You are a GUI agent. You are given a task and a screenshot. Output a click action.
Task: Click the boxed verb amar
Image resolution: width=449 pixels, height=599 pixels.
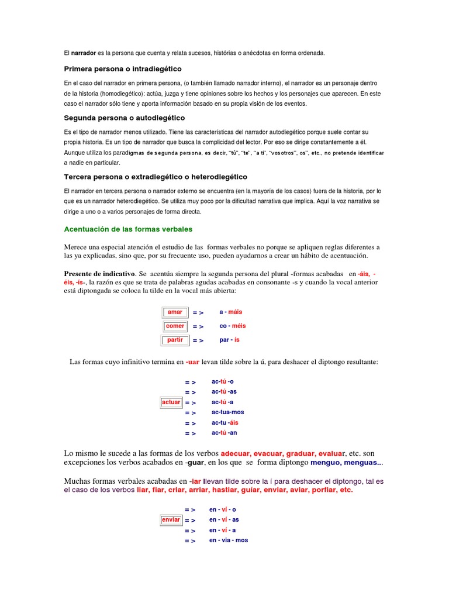pyautogui.click(x=175, y=312)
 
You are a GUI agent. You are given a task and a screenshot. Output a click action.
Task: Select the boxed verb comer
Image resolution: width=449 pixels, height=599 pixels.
pyautogui.click(x=175, y=326)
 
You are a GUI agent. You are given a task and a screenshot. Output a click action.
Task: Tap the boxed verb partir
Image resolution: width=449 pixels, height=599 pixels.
pyautogui.click(x=175, y=340)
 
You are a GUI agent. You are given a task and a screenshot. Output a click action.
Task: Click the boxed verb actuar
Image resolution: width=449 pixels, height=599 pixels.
pyautogui.click(x=171, y=402)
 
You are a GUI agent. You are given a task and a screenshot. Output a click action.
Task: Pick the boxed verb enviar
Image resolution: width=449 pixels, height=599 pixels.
pyautogui.click(x=171, y=520)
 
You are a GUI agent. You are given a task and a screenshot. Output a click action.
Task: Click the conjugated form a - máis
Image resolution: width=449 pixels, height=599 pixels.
pyautogui.click(x=230, y=312)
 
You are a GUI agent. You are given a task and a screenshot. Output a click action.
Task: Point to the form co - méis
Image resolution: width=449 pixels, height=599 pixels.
pyautogui.click(x=233, y=326)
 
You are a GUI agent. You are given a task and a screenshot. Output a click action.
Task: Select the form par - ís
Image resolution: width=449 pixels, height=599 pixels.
pyautogui.click(x=229, y=340)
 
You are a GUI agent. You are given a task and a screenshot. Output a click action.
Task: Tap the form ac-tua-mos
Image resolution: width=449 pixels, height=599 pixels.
pyautogui.click(x=228, y=412)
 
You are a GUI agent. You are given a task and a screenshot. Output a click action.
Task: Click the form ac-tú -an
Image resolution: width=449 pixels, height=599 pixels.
pyautogui.click(x=224, y=433)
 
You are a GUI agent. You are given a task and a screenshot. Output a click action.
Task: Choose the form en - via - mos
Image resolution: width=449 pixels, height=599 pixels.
pyautogui.click(x=229, y=541)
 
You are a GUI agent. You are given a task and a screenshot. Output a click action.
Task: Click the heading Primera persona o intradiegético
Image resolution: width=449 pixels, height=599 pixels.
pyautogui.click(x=123, y=69)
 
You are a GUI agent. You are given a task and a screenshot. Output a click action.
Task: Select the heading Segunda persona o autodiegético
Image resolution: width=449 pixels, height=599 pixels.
pyautogui.click(x=124, y=118)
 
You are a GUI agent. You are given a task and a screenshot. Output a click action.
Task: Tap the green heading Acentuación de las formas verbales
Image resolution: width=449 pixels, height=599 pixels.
pyautogui.click(x=127, y=229)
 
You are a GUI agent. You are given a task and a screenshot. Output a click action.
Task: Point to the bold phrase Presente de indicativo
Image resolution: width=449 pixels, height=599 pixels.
pyautogui.click(x=99, y=274)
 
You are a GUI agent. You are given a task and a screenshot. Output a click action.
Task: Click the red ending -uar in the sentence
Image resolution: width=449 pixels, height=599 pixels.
pyautogui.click(x=192, y=363)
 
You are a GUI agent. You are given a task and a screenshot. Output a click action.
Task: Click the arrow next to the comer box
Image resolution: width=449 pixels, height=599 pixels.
pyautogui.click(x=198, y=327)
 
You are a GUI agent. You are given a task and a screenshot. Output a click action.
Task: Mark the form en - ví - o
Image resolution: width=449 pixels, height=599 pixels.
pyautogui.click(x=223, y=510)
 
